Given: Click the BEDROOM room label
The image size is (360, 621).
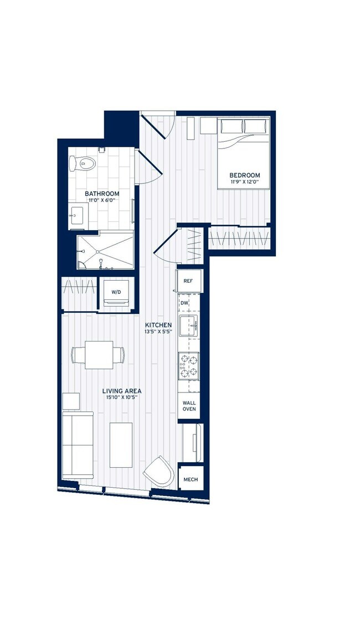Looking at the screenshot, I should coord(244,175).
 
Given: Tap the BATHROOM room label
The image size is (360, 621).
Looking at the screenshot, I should coord(101,193).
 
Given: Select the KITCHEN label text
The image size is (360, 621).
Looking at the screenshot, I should coord(158,325).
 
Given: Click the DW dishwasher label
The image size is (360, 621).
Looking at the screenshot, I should coord(184,303).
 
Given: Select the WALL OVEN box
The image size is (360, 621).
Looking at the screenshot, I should coord(189,406).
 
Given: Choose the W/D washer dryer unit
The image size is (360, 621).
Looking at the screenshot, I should coord(117,292).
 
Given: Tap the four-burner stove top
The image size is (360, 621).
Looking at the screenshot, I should coord(189,366).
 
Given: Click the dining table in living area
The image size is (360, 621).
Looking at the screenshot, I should coord(99,354).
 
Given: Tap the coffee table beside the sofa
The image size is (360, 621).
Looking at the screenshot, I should coord(121,445).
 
